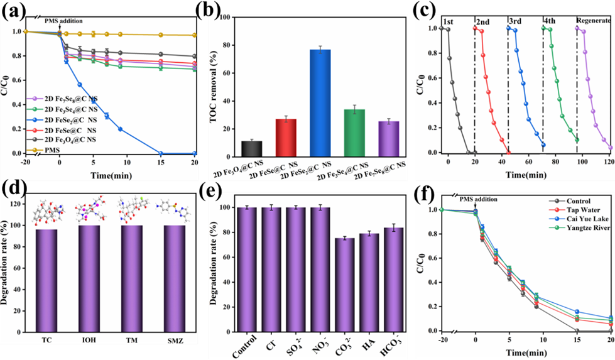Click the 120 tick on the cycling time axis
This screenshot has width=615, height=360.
click(x=609, y=162)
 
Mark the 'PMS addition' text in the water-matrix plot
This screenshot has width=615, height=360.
click(x=479, y=199)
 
